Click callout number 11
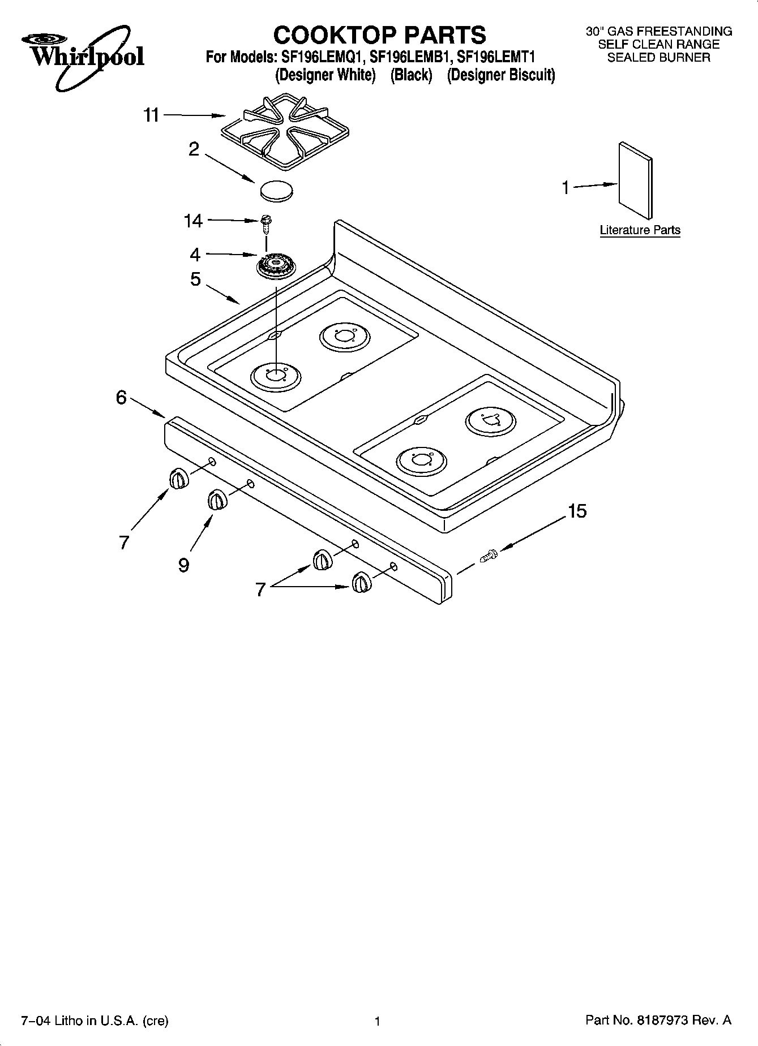(x=151, y=115)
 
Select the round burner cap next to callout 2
(x=277, y=190)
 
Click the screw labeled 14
(x=265, y=223)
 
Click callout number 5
(x=195, y=279)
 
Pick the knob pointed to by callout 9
(x=217, y=500)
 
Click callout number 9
(x=183, y=565)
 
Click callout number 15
(x=577, y=511)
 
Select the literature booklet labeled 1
(x=635, y=180)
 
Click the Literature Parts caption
(x=640, y=230)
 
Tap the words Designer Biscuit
(x=501, y=75)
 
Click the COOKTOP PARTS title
(x=379, y=35)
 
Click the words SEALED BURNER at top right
(x=658, y=57)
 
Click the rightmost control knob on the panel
(x=361, y=582)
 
